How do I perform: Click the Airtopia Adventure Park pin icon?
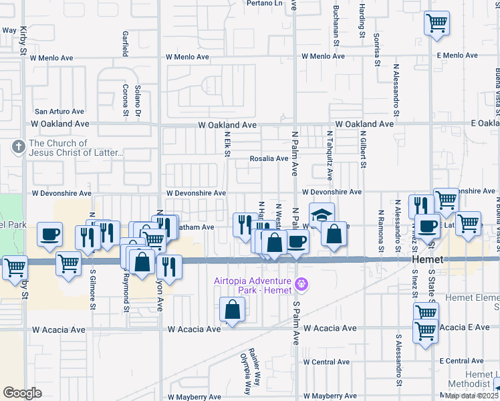tap(301, 285)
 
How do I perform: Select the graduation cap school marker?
tap(322, 215)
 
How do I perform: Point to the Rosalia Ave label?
tap(268, 159)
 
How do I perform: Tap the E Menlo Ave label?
tap(458, 56)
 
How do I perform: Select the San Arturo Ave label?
tap(60, 112)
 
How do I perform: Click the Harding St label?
tap(361, 20)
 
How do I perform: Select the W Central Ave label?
tap(326, 362)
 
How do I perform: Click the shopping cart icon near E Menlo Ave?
tap(436, 23)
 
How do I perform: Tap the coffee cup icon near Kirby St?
tap(49, 235)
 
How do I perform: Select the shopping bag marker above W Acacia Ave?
tap(231, 309)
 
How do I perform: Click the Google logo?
tap(22, 392)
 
